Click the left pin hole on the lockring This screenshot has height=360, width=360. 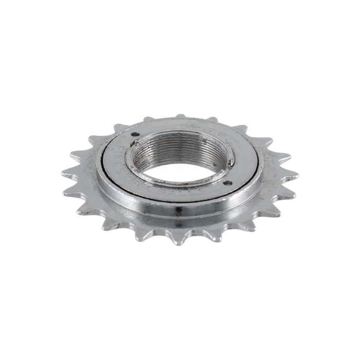[x=135, y=137]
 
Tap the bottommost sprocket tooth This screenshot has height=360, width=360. [x=178, y=242]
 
